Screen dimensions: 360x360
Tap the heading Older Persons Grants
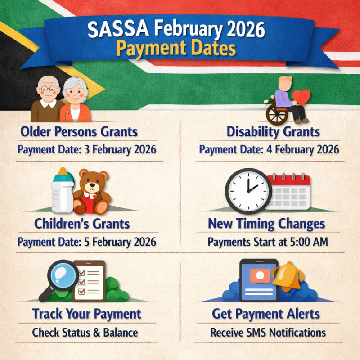79,132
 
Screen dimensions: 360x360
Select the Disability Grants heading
273,132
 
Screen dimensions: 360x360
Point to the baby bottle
63,191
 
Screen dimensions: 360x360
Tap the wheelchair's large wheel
276,114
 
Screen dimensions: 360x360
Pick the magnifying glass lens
63,276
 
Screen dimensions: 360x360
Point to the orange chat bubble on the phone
257,274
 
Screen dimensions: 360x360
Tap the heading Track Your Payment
86,313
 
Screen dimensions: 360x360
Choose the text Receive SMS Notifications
268,333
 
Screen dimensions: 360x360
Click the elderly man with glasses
47,97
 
